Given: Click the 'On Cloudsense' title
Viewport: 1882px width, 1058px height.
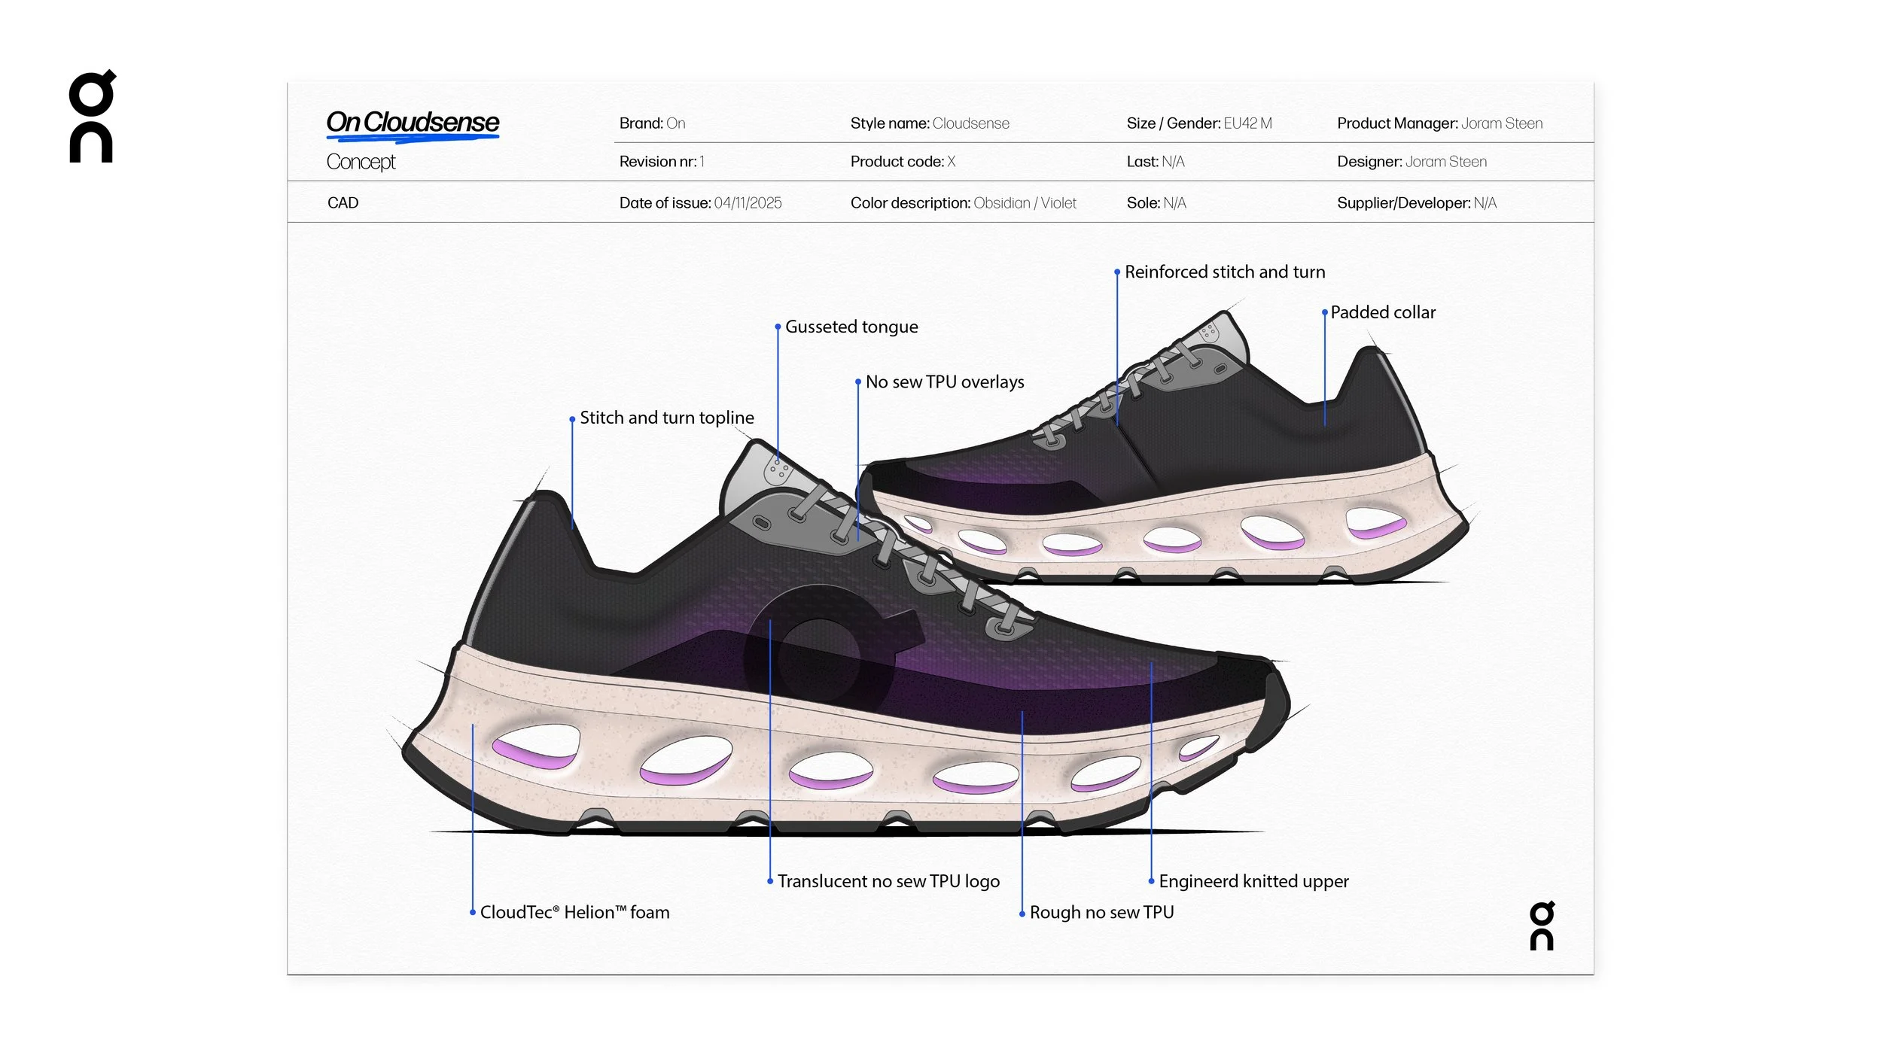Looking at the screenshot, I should (413, 122).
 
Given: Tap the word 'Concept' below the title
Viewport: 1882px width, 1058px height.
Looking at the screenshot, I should (361, 162).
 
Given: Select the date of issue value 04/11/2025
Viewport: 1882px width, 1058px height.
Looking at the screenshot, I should (748, 203).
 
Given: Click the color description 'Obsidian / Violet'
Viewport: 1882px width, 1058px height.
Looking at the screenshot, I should (1025, 203).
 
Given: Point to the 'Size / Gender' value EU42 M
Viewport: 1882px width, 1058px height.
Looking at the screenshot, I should (1247, 123).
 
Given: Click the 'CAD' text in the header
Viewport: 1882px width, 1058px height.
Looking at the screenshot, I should (343, 203).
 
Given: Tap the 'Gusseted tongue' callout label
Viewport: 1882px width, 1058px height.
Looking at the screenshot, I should (851, 327).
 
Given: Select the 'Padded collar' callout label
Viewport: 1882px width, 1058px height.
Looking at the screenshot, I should (1383, 312).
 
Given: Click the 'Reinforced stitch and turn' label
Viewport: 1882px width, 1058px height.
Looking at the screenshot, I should (1225, 272).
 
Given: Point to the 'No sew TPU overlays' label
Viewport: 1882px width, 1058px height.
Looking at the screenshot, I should (945, 382).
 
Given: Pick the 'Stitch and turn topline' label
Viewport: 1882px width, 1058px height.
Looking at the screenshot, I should (666, 418).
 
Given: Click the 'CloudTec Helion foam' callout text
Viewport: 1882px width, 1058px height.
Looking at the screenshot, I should (574, 912).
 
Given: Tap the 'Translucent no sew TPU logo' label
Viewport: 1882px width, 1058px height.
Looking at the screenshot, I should (888, 881).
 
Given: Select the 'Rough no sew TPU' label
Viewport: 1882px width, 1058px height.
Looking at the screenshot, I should (1101, 912).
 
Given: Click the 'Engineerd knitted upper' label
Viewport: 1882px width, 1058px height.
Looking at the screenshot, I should (1253, 881).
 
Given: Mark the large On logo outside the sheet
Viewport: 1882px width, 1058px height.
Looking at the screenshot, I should (92, 117).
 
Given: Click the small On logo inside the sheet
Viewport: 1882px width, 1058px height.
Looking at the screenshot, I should (1541, 926).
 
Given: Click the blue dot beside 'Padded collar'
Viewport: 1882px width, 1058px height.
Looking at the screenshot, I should (1325, 312).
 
